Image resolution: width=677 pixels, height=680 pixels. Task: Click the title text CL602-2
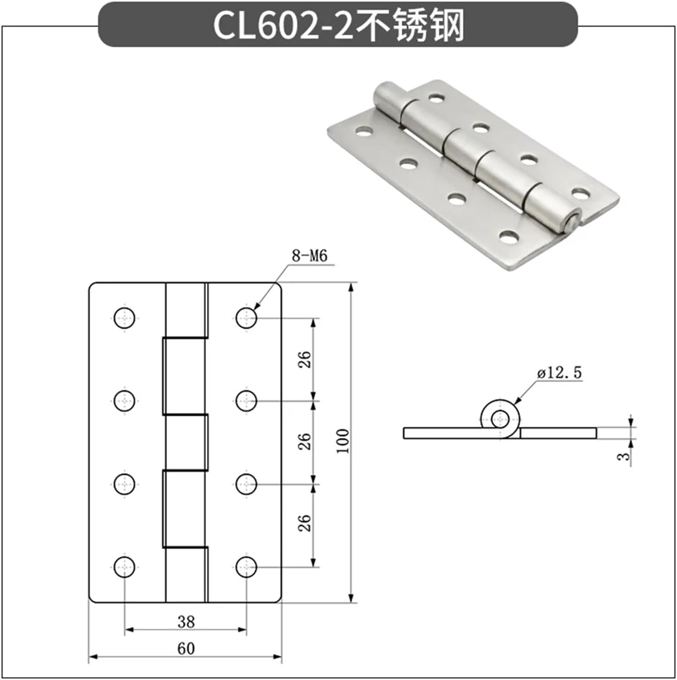click(x=283, y=26)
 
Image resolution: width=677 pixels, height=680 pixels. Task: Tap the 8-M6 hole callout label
click(x=309, y=255)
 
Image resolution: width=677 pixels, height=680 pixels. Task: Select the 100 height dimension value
click(x=342, y=441)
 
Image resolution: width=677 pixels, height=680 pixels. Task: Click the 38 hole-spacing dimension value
click(x=186, y=622)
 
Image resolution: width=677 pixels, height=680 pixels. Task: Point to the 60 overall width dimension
click(x=186, y=648)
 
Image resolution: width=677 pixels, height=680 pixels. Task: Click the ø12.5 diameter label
click(x=559, y=372)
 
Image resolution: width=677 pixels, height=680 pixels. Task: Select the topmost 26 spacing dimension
click(x=304, y=360)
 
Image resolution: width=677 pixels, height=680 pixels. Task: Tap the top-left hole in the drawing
click(x=125, y=318)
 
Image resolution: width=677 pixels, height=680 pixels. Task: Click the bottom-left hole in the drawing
click(x=125, y=566)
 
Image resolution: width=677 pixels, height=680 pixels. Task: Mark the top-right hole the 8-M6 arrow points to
click(x=246, y=318)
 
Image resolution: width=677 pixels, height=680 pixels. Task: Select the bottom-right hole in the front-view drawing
click(x=246, y=566)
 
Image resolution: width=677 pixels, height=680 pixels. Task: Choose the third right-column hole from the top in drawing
click(x=246, y=484)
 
